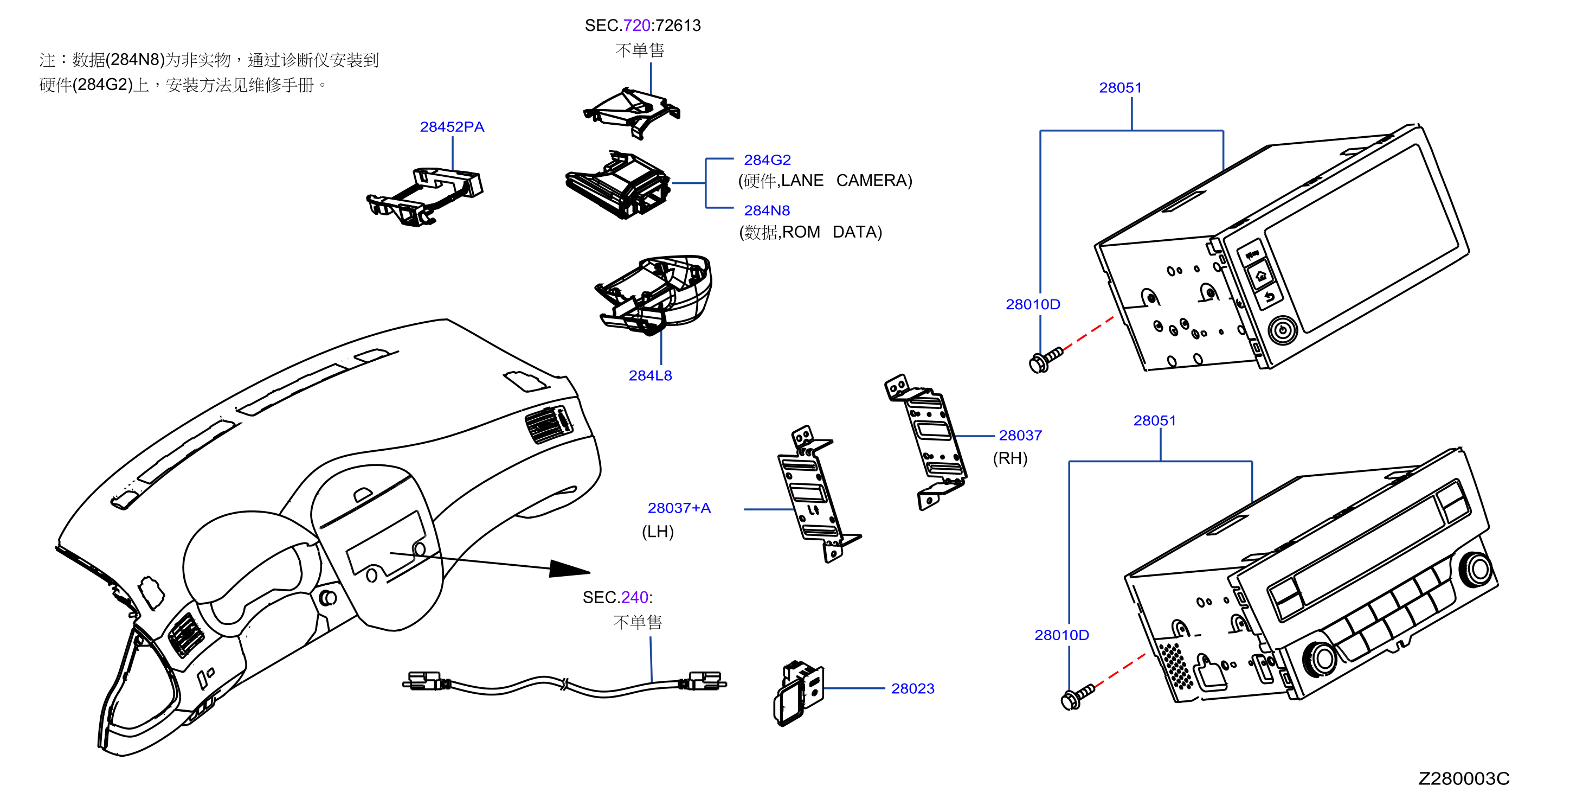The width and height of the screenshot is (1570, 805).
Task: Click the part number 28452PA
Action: point(452,127)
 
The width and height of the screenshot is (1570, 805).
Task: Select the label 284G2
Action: point(767,160)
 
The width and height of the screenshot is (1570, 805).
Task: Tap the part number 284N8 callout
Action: point(767,210)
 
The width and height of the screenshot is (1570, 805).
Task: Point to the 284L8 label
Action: point(651,376)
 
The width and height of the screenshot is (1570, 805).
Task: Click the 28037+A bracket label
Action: point(679,508)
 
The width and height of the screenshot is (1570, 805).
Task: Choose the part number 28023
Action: point(912,688)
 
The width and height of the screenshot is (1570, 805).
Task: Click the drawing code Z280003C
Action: point(1464,779)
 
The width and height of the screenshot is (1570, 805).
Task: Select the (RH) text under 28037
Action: point(1010,458)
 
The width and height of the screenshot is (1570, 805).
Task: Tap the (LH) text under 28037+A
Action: point(658,532)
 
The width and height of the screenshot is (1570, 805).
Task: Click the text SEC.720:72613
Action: point(642,25)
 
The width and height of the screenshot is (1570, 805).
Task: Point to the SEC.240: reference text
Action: point(617,597)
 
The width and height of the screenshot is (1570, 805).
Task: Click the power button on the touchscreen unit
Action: point(1282,330)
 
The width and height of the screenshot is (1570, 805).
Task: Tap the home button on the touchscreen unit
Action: point(1261,276)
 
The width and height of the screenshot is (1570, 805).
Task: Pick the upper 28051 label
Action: point(1120,88)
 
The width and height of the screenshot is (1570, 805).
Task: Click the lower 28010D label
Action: point(1061,635)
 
